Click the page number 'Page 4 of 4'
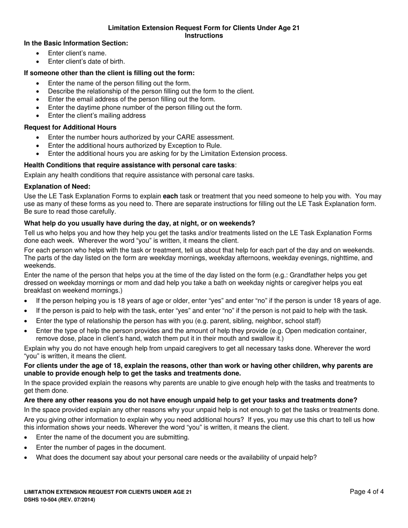point(367,492)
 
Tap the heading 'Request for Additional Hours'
point(70,127)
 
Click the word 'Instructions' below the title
point(204,36)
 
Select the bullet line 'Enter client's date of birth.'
point(86,61)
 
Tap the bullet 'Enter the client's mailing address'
point(97,115)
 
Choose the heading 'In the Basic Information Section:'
point(76,43)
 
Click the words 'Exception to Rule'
point(196,146)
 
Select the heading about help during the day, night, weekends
point(140,223)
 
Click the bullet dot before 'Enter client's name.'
point(39,53)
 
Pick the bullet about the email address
point(131,99)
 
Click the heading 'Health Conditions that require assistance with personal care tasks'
point(129,165)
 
